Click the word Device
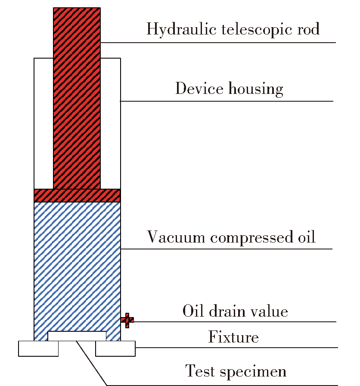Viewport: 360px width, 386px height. [x=199, y=88]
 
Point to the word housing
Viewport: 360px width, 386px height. [x=256, y=89]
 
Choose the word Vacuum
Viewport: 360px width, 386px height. [x=176, y=237]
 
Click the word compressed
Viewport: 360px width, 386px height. [x=251, y=238]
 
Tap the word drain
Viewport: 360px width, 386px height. [x=227, y=311]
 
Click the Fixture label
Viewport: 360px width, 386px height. [x=233, y=336]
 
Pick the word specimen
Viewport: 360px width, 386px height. [x=253, y=372]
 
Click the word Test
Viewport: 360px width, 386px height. [x=200, y=371]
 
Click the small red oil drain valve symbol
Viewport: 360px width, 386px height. [x=127, y=320]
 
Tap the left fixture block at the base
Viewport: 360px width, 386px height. [x=38, y=349]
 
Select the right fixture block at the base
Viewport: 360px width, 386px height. [x=115, y=349]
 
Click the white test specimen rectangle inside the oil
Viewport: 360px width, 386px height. [x=77, y=336]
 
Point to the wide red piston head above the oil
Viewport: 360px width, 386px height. [x=77, y=196]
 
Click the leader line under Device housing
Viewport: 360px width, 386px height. [x=227, y=101]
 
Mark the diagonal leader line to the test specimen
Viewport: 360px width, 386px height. [x=92, y=363]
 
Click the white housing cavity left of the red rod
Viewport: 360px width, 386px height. [x=43, y=123]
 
